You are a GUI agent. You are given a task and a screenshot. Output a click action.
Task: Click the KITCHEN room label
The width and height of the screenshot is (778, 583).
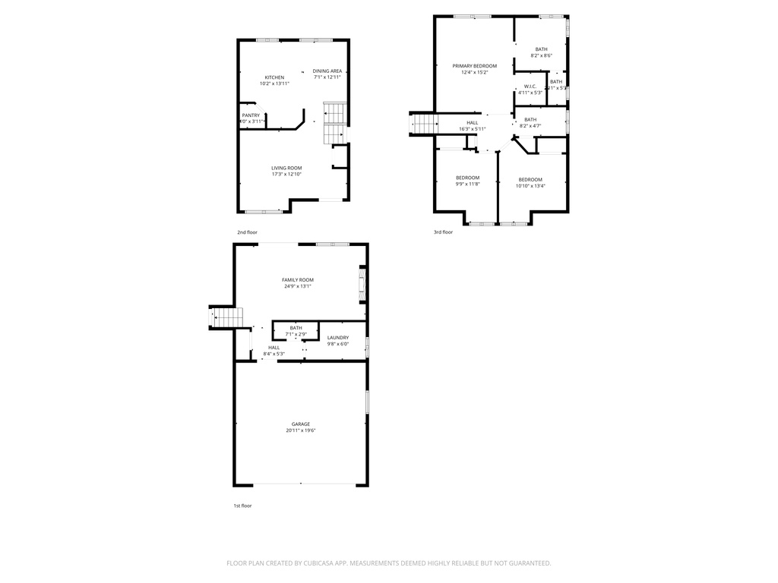(x=274, y=77)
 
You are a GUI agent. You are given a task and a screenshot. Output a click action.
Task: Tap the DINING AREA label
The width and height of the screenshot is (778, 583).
(x=327, y=71)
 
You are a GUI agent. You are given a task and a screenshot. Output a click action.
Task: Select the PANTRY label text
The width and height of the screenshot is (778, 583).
(x=251, y=115)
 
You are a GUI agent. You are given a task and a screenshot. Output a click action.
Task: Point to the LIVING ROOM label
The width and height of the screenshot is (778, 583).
(x=286, y=168)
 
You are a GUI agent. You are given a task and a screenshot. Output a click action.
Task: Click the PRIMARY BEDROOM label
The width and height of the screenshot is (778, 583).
(x=474, y=66)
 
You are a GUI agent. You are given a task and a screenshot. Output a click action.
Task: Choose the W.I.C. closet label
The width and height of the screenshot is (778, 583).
(x=530, y=87)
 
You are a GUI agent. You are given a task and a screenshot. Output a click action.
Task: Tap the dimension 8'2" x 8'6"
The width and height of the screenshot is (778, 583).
(x=541, y=55)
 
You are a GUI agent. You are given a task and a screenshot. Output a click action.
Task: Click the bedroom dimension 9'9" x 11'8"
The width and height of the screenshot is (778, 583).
(x=467, y=184)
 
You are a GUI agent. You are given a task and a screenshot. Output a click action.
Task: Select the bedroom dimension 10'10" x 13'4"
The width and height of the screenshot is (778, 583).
(x=530, y=185)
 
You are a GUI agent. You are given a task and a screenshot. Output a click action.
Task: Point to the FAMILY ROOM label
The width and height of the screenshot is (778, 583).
(x=297, y=280)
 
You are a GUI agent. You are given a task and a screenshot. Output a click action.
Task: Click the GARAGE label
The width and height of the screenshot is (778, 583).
(x=301, y=424)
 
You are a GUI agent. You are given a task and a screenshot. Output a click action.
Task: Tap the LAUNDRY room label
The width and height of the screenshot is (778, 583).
(x=338, y=338)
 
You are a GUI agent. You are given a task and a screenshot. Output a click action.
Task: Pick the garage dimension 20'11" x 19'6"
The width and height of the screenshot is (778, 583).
(x=301, y=430)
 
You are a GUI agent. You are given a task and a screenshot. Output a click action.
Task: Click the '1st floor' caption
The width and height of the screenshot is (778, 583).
(x=242, y=506)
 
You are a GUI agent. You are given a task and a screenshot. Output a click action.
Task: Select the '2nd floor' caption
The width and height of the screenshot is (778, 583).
(x=247, y=232)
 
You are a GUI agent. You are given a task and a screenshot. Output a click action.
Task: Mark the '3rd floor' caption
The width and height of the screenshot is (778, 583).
(x=443, y=232)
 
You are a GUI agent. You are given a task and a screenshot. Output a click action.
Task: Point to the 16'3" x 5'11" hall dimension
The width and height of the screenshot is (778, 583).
(x=473, y=129)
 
